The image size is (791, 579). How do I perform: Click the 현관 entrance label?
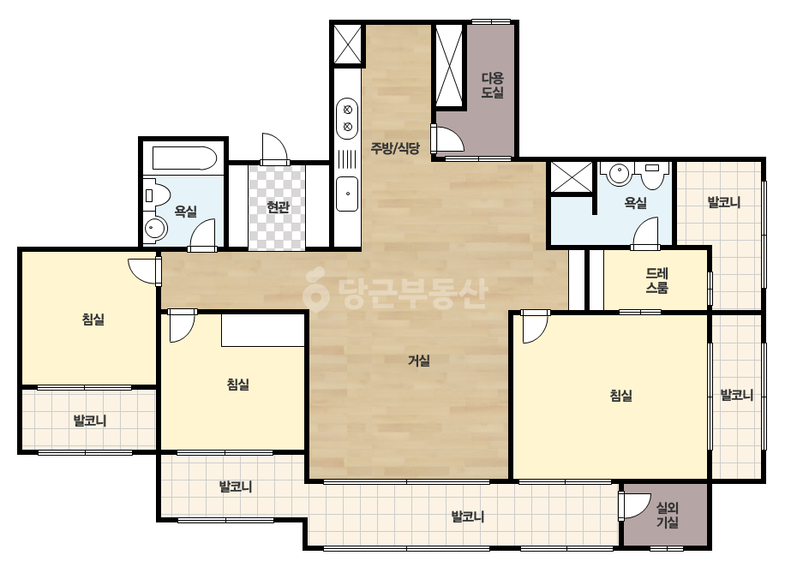click(278, 206)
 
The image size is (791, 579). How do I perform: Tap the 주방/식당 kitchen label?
click(395, 148)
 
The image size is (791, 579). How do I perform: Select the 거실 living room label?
click(419, 361)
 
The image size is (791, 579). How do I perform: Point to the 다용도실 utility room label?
click(493, 86)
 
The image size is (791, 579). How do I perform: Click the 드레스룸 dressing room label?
click(656, 280)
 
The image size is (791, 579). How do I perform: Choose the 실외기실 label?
click(667, 515)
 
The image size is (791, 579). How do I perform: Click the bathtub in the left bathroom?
click(184, 158)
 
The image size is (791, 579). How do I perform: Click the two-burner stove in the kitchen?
click(347, 117)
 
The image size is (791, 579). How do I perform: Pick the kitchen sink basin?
click(347, 194)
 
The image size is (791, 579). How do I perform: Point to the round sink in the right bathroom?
click(619, 174)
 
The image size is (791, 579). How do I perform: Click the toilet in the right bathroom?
click(652, 175)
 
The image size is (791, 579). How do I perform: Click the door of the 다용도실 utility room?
click(448, 137)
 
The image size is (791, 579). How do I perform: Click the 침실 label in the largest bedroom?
click(621, 396)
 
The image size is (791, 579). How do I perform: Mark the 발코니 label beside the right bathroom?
click(724, 203)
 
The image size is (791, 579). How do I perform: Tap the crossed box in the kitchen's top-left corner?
click(348, 44)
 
